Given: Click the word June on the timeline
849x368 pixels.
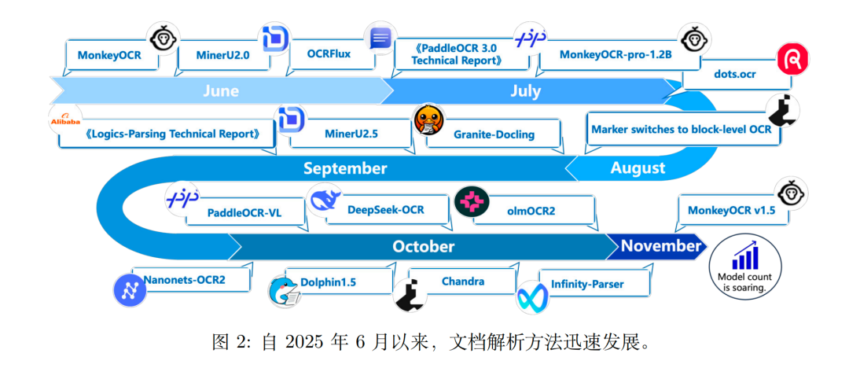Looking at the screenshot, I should tap(220, 91).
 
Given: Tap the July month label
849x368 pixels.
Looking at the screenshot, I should tap(525, 91).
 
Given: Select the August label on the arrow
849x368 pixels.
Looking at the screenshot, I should tap(637, 167).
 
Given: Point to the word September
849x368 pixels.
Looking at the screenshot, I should tap(345, 168).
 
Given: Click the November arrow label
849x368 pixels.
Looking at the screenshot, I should tap(660, 246).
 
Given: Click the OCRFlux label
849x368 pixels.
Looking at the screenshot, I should tap(329, 54).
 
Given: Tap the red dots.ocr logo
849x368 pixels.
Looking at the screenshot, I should tap(792, 60).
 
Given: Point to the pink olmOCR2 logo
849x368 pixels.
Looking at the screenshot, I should tap(472, 202).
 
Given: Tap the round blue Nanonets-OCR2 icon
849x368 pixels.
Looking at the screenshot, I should tap(130, 289).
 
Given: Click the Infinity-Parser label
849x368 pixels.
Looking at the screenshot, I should tap(589, 284).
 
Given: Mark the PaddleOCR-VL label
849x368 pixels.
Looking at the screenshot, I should tap(244, 212).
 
